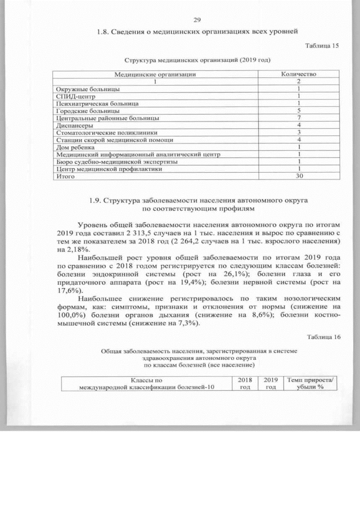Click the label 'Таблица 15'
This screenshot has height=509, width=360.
[x=322, y=46]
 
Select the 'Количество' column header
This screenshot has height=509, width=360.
[x=299, y=74]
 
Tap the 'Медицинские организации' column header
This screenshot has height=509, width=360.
[x=155, y=74]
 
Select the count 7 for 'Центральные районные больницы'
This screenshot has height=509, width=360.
[x=299, y=118]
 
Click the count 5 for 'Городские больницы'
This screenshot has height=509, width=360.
[x=299, y=111]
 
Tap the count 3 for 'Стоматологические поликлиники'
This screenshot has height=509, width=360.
[x=299, y=132]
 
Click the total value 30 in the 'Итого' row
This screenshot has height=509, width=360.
[x=299, y=176]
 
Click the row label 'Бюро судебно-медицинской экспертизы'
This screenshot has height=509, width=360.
[x=113, y=161]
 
